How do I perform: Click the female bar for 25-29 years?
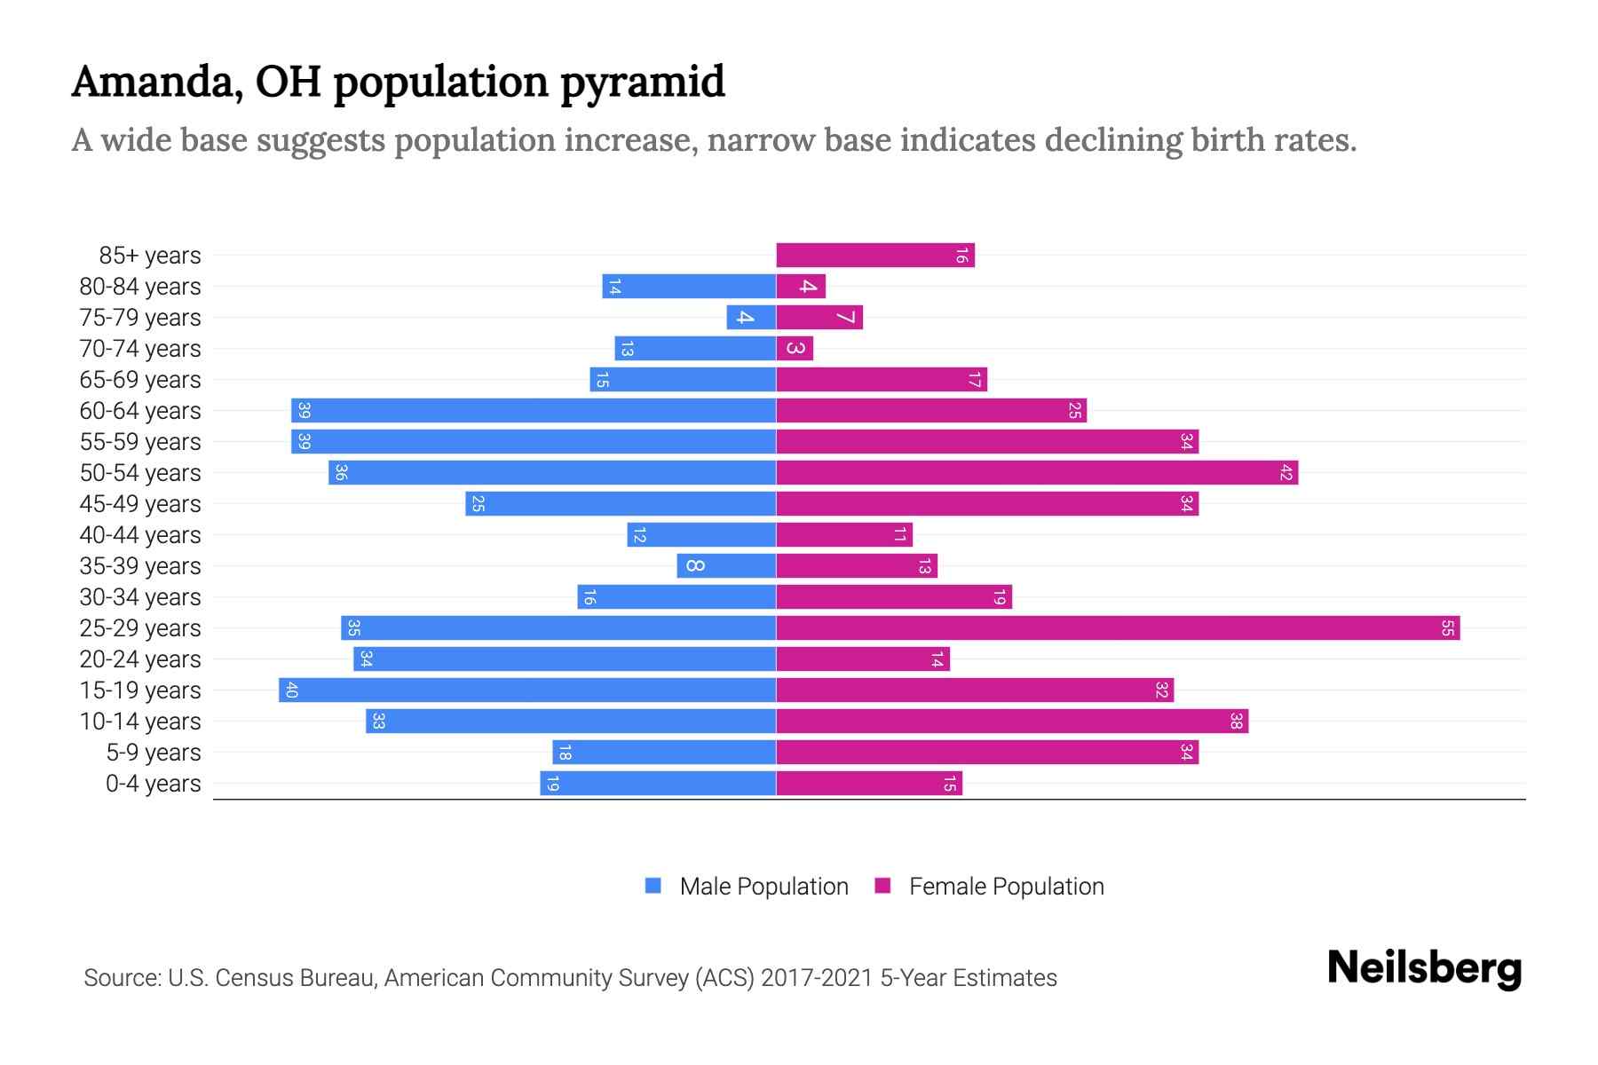tap(1118, 628)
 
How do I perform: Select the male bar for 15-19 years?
tap(527, 690)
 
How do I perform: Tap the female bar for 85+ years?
tap(875, 256)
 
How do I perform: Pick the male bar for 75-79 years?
tap(751, 318)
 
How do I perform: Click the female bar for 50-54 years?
tap(1037, 473)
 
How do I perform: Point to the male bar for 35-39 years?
tap(726, 566)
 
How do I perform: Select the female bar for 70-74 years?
tap(795, 349)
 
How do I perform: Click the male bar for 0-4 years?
tap(658, 784)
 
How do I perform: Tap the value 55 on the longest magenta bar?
tap(1447, 628)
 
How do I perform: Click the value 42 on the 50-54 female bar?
tap(1286, 473)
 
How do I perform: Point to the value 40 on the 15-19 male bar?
tap(291, 690)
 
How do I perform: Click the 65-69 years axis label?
tap(140, 380)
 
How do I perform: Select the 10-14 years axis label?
tap(140, 722)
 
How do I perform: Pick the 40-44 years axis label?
tap(140, 535)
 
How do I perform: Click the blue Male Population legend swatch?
tap(653, 886)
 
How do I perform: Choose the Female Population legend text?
tap(1006, 887)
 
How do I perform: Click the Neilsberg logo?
tap(1424, 968)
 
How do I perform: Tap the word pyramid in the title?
tap(642, 83)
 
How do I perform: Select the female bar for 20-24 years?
tap(863, 659)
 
